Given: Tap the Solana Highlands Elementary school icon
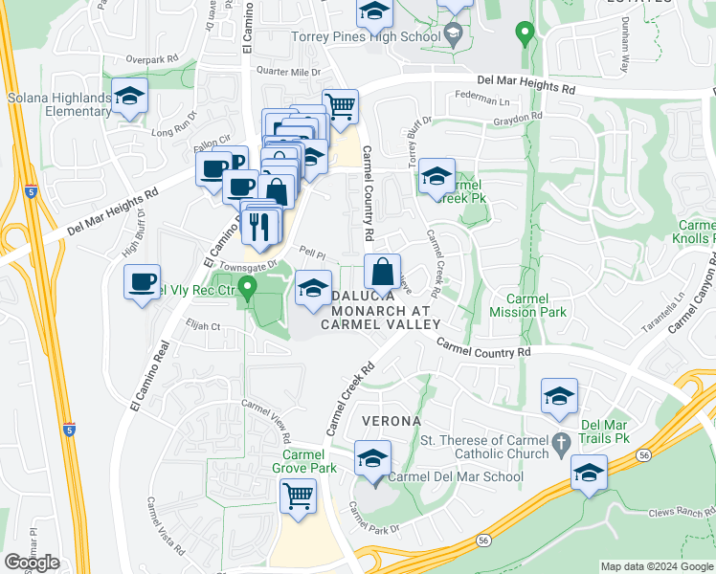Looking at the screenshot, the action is [129, 96].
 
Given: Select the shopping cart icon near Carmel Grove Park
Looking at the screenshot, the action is [299, 497].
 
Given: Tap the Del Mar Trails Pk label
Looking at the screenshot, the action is [611, 430].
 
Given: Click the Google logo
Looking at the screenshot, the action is [32, 563].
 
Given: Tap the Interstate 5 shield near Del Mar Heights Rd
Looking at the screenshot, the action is [33, 191].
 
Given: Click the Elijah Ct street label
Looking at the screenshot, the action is [203, 326].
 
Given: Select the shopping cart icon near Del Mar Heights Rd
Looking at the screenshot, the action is [340, 104].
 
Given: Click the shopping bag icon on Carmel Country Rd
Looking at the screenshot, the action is [382, 272].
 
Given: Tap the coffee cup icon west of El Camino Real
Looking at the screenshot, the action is [143, 282].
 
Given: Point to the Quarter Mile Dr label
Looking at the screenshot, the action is [288, 72].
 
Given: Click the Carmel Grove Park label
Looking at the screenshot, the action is [309, 462].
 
